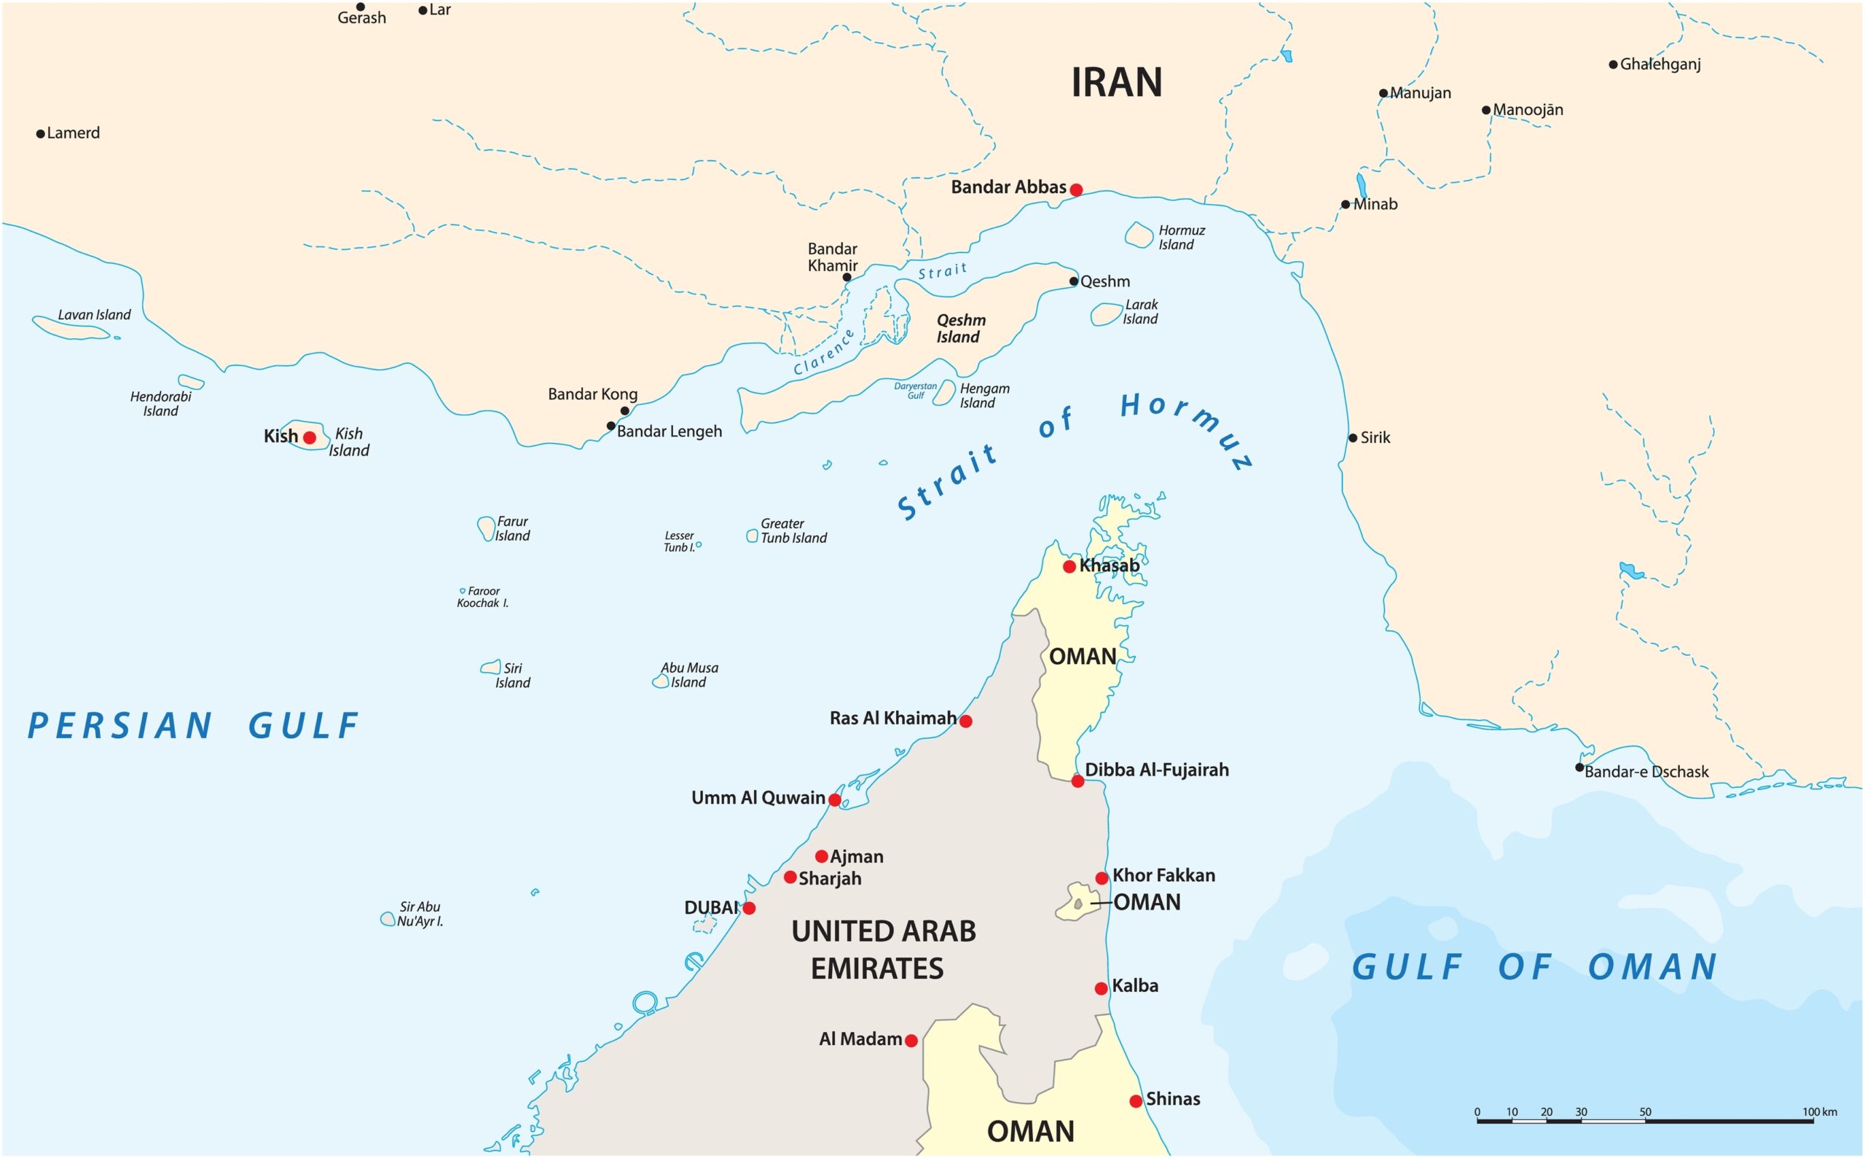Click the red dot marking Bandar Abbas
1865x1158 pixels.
1076,189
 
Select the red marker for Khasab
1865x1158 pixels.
1069,567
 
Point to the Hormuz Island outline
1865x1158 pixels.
1139,235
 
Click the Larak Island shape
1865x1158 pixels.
1106,314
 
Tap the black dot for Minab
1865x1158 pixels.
1345,205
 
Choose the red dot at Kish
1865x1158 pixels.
310,437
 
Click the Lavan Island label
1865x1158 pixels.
94,315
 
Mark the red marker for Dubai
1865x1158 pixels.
749,908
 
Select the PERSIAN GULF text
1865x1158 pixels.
193,726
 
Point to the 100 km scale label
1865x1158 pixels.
1818,1112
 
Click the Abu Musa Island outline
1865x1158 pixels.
661,681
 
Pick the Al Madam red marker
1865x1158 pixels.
911,1041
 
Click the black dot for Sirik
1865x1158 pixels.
1353,438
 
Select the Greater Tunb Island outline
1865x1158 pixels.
752,536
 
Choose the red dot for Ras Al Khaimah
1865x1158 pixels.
965,721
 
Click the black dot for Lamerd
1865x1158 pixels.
41,134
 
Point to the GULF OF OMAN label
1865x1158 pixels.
1534,967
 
